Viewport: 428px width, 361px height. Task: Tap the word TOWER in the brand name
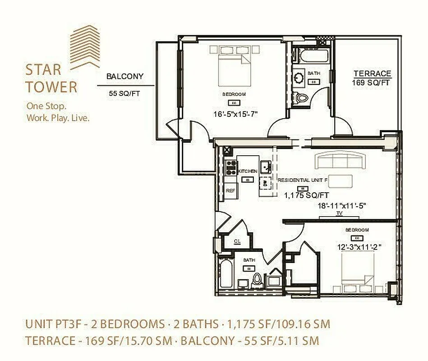tap(51, 87)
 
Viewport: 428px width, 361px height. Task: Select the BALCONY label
tap(125, 76)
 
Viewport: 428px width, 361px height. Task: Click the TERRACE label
tap(372, 74)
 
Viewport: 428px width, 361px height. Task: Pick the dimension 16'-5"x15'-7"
tap(235, 114)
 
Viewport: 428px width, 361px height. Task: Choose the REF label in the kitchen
tap(230, 191)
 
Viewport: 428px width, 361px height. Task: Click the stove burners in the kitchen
tap(231, 167)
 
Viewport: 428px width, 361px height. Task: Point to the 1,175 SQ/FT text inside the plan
tap(306, 195)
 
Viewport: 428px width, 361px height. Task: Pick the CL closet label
tap(237, 241)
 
